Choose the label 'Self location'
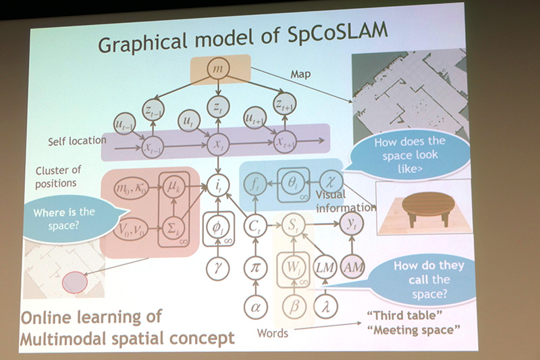[x=76, y=141]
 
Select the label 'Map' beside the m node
[x=300, y=74]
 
